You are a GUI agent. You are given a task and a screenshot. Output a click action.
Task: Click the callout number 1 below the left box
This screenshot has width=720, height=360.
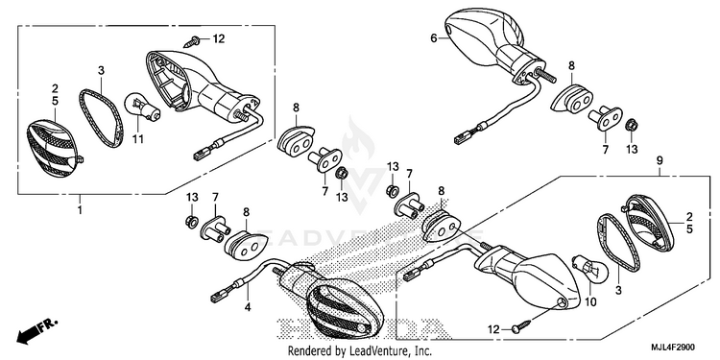point(80,211)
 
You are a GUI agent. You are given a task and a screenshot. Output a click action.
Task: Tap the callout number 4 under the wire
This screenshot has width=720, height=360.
point(248,307)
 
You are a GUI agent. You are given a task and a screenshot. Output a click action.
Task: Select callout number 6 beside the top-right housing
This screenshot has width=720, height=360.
point(434,38)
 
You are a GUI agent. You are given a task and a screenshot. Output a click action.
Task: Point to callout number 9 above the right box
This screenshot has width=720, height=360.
point(660,160)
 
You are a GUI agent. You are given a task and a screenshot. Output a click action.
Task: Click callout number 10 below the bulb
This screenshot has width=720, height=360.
point(590,303)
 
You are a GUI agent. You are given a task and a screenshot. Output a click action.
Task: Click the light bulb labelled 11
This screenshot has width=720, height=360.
point(142,108)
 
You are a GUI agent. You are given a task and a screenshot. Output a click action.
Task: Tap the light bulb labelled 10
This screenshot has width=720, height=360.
point(589,270)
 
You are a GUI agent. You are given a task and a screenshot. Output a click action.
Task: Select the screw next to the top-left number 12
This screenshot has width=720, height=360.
point(191,42)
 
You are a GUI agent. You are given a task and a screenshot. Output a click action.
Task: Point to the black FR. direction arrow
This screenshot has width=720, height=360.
point(36,330)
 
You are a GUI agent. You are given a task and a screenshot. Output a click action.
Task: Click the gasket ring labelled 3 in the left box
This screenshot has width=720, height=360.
point(102,118)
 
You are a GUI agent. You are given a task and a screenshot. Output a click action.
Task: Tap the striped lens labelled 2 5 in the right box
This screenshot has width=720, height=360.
point(648,223)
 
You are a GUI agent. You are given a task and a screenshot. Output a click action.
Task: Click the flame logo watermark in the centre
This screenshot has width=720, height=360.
point(359,137)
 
